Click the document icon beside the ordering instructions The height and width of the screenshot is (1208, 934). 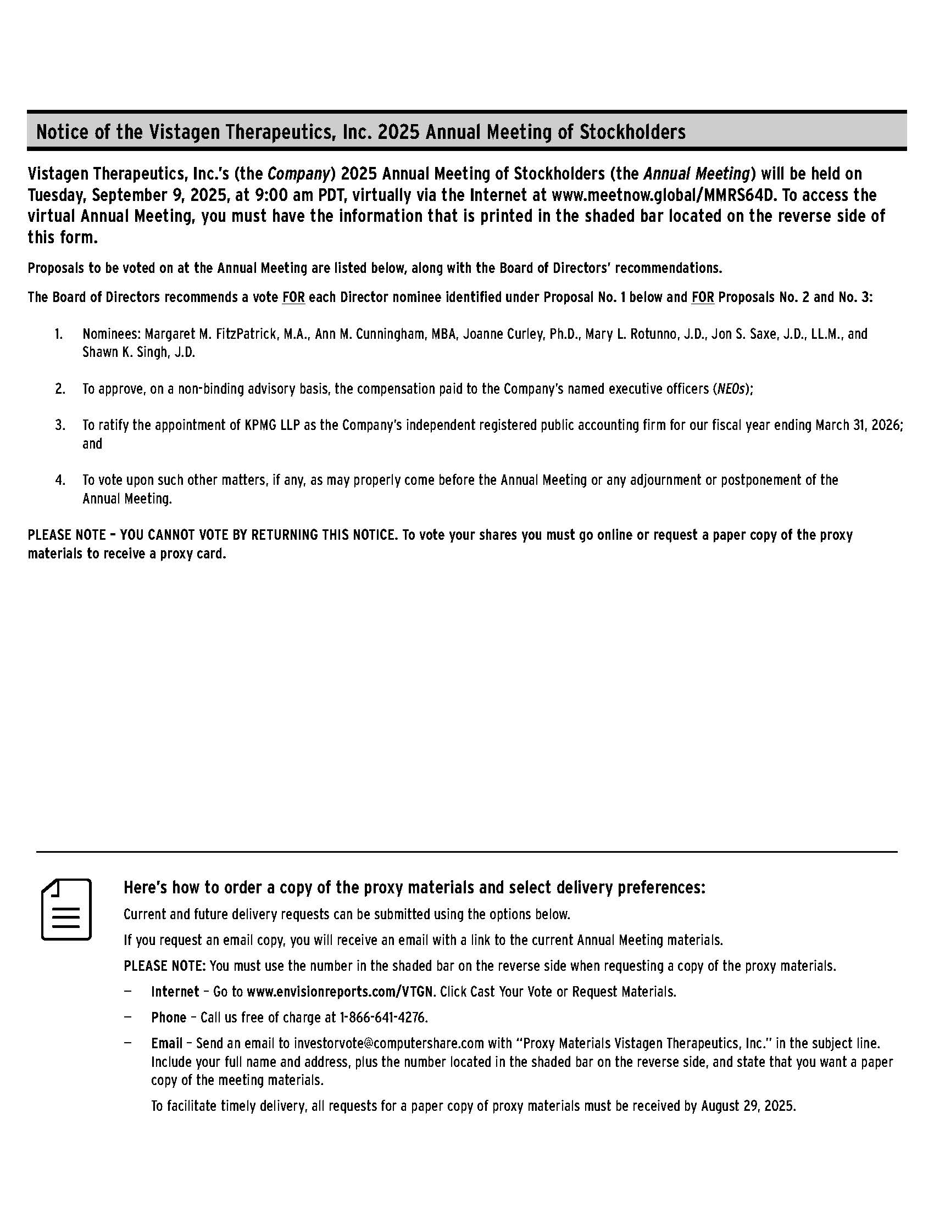coord(66,909)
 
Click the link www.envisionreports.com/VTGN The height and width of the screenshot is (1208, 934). coord(340,992)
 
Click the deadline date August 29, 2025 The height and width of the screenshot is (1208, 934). coord(748,1106)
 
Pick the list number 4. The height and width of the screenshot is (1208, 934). coord(60,479)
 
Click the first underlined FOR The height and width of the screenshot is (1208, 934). coord(293,298)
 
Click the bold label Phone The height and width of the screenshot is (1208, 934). coord(168,1017)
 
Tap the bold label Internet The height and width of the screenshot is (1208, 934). coord(175,992)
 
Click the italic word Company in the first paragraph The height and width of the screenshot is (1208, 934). coord(299,174)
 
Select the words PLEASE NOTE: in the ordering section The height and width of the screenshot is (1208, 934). coord(165,966)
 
